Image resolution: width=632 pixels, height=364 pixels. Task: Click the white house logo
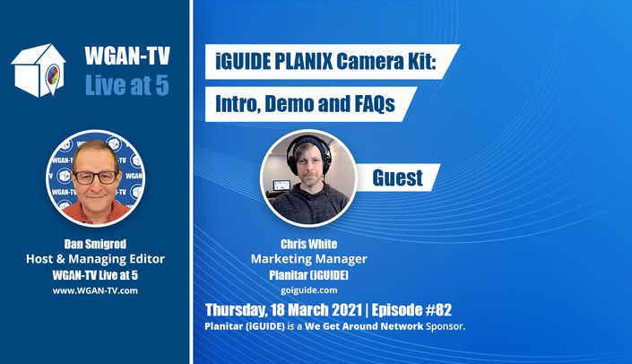[39, 71]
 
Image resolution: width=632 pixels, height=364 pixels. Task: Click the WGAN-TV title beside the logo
[127, 56]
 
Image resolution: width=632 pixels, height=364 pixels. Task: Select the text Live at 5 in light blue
[127, 85]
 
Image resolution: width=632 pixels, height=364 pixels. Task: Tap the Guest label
[397, 178]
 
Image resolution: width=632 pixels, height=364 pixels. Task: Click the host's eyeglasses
[96, 178]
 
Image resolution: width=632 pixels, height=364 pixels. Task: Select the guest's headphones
[307, 152]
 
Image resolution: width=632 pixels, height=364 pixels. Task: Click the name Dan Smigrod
[95, 244]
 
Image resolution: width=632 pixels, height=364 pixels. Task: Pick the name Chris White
[308, 244]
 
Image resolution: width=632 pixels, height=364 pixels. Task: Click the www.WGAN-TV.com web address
[95, 290]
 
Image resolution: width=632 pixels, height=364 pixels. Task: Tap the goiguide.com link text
[308, 290]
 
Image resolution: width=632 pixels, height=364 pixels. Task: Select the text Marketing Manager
[308, 259]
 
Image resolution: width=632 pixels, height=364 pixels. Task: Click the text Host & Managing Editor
[95, 259]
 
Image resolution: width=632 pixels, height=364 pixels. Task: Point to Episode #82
[411, 310]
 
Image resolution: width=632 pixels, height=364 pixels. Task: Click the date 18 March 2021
[316, 310]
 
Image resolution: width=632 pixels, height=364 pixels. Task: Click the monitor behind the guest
[281, 185]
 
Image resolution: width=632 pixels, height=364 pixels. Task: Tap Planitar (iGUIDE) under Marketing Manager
[308, 275]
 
